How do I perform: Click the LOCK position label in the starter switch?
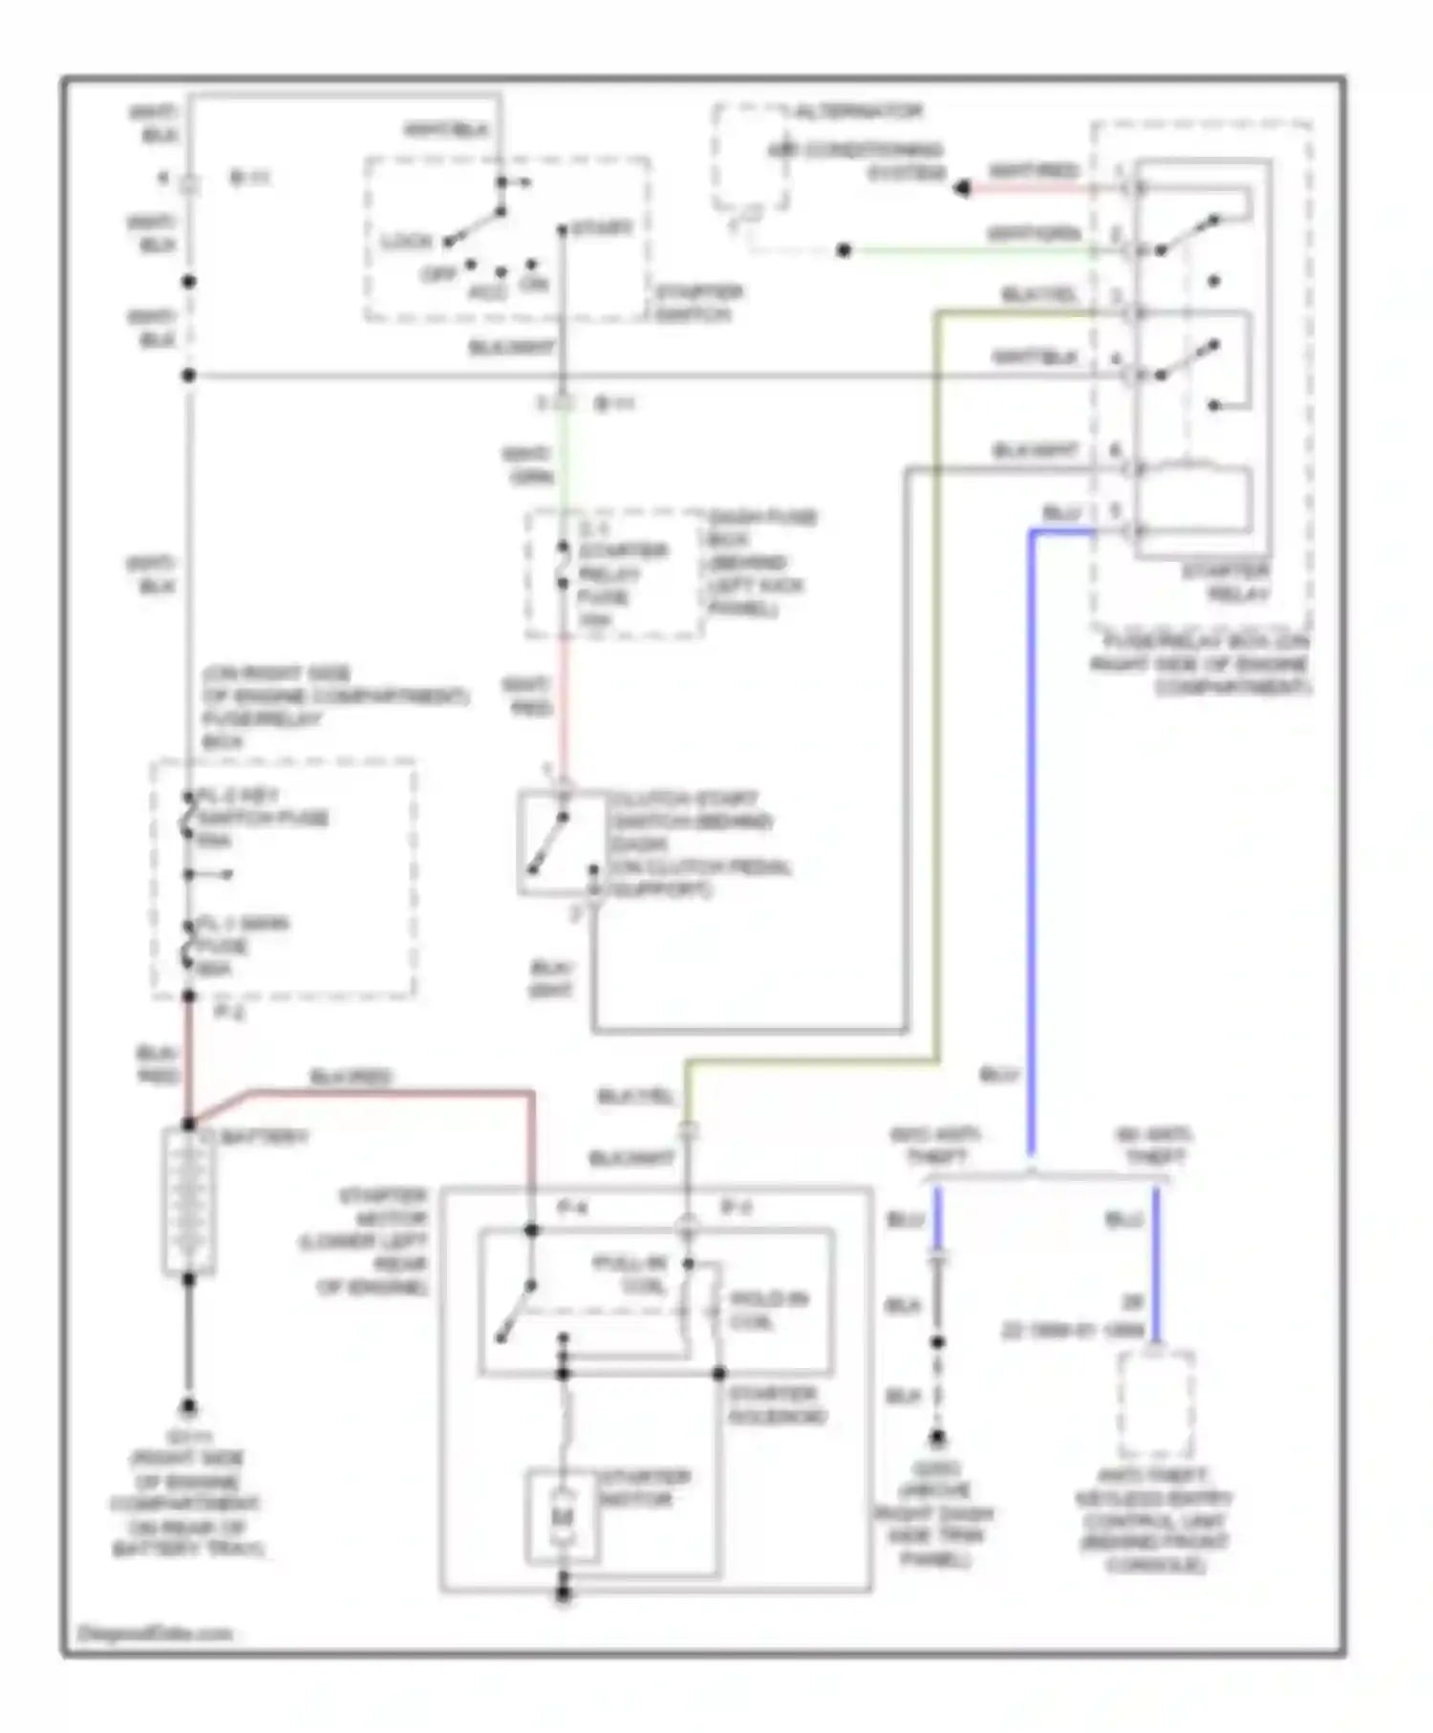(407, 242)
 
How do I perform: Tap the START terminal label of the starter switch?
(602, 228)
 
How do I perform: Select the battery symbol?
(189, 1202)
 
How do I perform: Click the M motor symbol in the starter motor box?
(563, 1517)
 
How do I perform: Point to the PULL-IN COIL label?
(629, 1275)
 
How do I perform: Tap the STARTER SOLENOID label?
(776, 1405)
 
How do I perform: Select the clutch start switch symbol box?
(562, 843)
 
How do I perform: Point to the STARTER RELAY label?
(1226, 583)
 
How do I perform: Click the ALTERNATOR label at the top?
(857, 112)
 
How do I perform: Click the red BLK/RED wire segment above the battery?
(189, 1060)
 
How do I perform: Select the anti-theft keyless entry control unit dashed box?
(1155, 1404)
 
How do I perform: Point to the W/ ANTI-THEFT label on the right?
(1154, 1146)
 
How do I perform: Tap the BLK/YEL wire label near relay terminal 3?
(1038, 295)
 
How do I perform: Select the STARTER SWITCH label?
(698, 303)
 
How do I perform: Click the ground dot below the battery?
(189, 1408)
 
